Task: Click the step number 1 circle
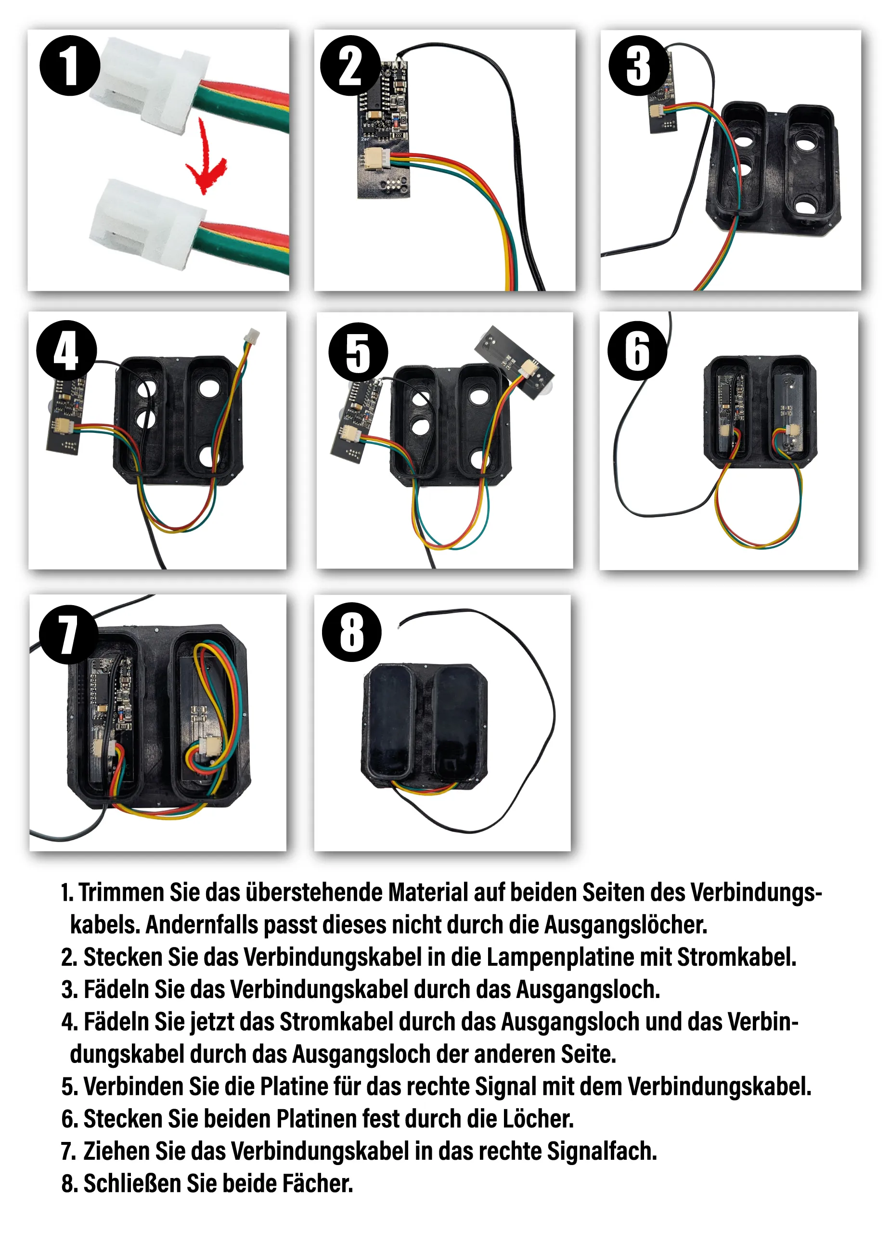click(x=70, y=66)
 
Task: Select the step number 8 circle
click(x=352, y=632)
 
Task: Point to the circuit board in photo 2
click(x=384, y=129)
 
